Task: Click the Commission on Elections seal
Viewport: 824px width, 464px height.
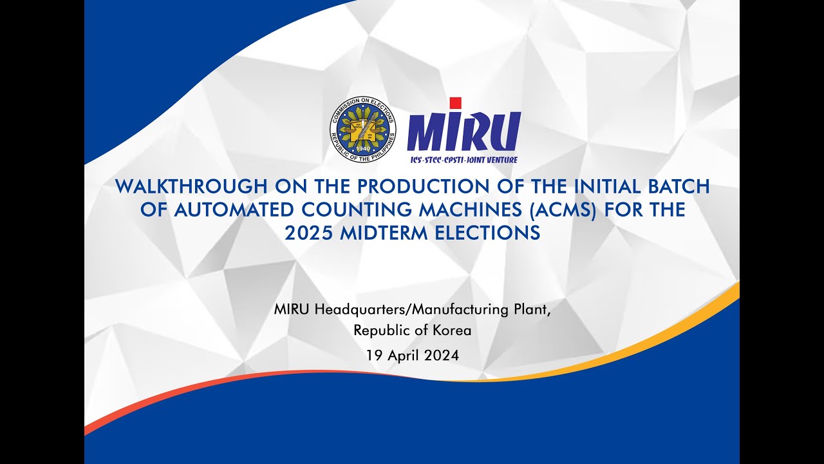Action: [x=362, y=130]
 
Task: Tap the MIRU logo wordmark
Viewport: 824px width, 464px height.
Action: [x=464, y=131]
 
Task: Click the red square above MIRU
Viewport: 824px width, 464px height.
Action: [x=455, y=103]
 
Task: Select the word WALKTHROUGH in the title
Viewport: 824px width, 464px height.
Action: [x=190, y=187]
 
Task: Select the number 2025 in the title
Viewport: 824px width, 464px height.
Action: [x=306, y=233]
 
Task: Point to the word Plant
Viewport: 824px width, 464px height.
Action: [x=533, y=309]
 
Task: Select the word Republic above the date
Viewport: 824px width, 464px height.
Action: [x=381, y=331]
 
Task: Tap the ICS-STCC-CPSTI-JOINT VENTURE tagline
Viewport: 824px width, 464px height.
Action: [x=464, y=159]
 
